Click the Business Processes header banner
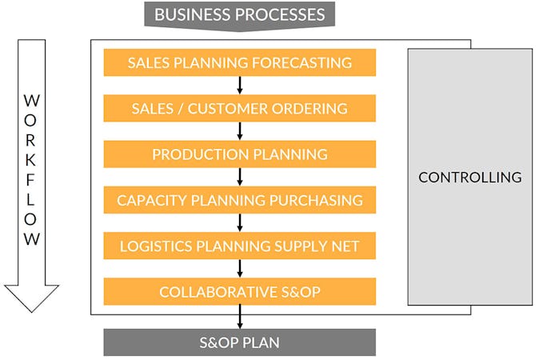(239, 14)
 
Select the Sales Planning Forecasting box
(239, 62)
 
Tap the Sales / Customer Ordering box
(239, 108)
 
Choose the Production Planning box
(239, 154)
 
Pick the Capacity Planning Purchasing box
(239, 200)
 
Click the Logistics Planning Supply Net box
(239, 246)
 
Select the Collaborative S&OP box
(239, 292)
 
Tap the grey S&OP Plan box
(239, 342)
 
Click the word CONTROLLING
(469, 178)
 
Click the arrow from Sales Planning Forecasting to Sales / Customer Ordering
(240, 86)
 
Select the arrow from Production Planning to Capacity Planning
(240, 177)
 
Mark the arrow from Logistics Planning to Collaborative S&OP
(240, 269)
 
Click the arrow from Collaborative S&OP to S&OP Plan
(240, 317)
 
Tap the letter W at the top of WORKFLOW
(32, 101)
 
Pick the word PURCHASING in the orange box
(317, 200)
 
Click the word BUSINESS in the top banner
(188, 14)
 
